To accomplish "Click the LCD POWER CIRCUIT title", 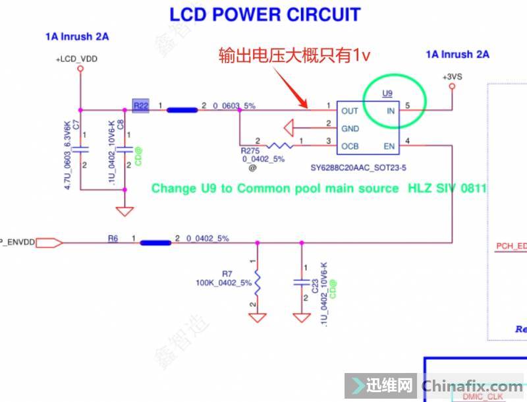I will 265,14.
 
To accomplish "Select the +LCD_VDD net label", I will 76,59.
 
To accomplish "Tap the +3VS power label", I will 453,76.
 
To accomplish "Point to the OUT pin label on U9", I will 350,111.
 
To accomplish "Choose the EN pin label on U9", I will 389,145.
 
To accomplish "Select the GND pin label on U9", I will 350,128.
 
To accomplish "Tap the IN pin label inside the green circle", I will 391,111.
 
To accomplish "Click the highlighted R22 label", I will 140,105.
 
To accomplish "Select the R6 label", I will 113,238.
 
